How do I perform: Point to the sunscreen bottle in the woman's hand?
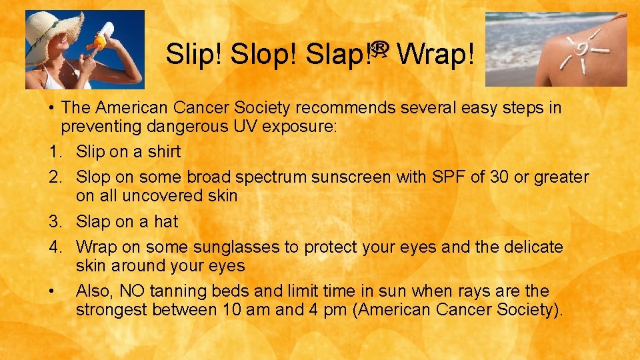point(103,36)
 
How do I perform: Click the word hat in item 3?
point(166,221)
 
